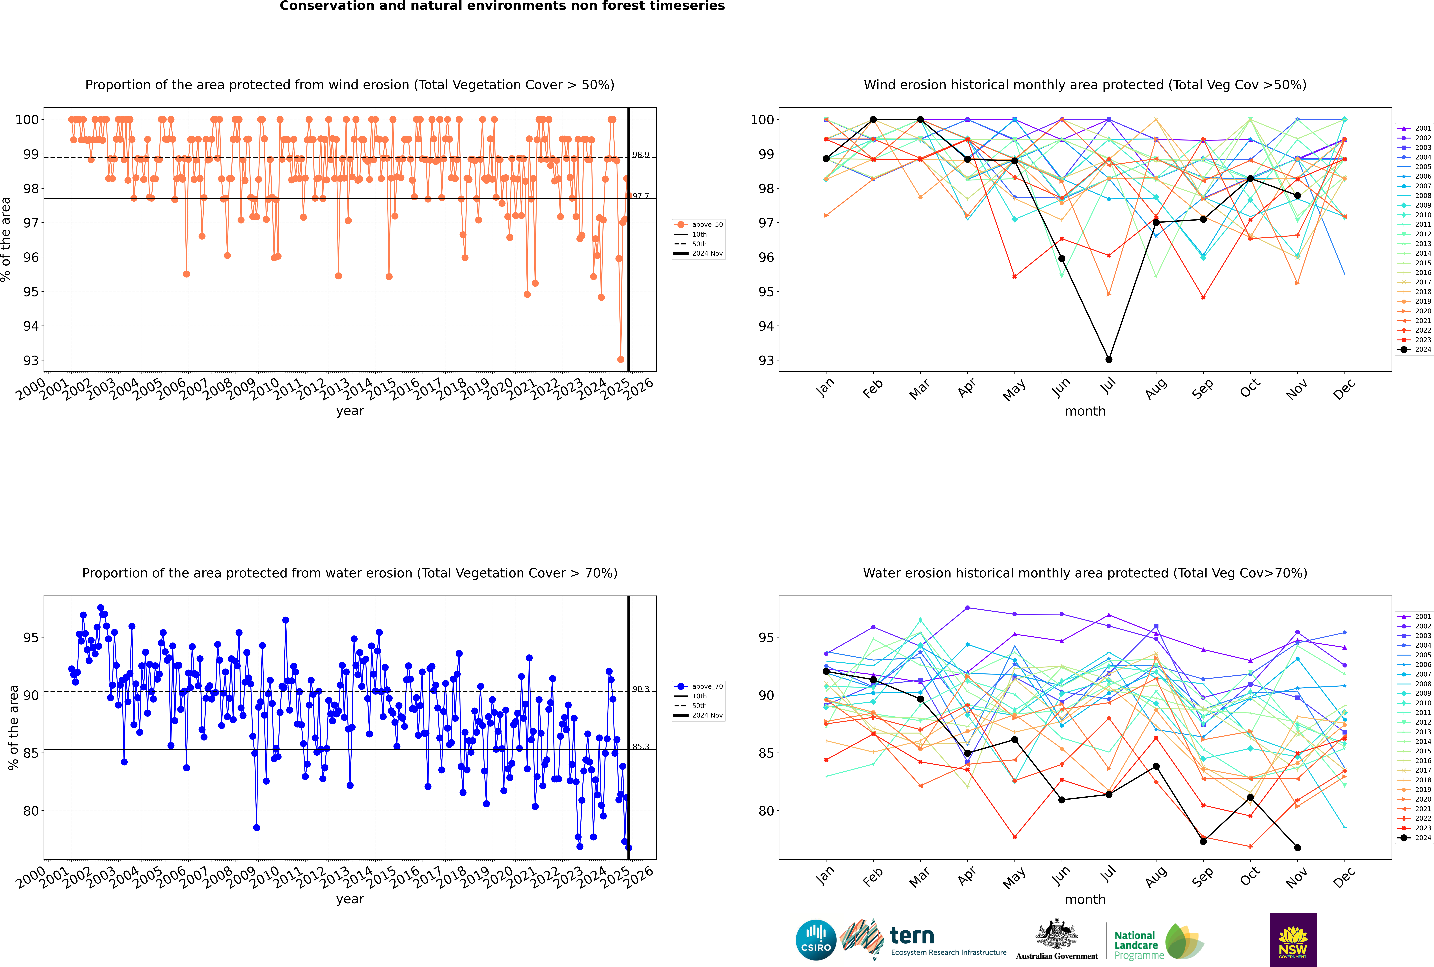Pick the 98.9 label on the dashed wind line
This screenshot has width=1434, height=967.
click(x=641, y=155)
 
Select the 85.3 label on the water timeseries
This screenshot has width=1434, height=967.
click(x=641, y=746)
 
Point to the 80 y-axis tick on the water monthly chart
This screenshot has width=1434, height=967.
click(x=766, y=811)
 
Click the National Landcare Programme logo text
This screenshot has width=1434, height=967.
click(x=1136, y=945)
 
